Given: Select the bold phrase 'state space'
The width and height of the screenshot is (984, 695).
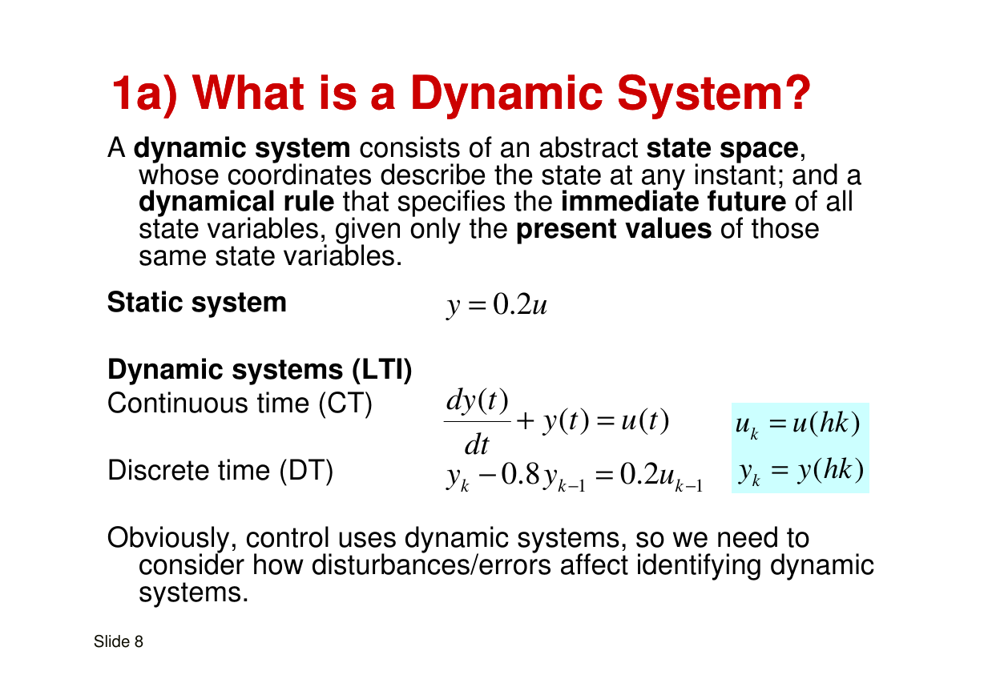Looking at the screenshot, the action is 722,148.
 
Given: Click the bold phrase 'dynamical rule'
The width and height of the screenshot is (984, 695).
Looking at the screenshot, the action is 236,202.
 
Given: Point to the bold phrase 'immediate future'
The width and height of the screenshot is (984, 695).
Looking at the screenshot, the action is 673,202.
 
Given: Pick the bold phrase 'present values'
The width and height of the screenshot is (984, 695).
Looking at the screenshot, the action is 614,229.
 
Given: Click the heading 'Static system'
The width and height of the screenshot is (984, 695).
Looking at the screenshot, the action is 197,302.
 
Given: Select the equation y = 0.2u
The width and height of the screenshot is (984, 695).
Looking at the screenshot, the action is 496,305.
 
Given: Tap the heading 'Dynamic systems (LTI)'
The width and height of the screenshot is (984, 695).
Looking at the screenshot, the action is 260,369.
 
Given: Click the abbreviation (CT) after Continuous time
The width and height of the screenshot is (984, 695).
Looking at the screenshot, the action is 345,404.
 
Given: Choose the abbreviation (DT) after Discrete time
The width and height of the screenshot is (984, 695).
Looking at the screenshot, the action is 306,471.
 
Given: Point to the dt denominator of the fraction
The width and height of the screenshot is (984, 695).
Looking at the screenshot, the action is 476,444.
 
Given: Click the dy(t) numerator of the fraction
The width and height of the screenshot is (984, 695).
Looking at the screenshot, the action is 477,400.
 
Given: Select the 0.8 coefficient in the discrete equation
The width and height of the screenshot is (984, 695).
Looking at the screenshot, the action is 521,474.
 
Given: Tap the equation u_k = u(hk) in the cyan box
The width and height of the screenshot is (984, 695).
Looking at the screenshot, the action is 798,424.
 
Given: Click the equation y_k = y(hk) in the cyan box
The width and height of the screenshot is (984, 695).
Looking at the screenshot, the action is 801,471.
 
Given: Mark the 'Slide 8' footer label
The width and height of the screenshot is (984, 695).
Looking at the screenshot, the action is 119,641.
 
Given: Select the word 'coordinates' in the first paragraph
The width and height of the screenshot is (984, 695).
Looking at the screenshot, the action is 300,175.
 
